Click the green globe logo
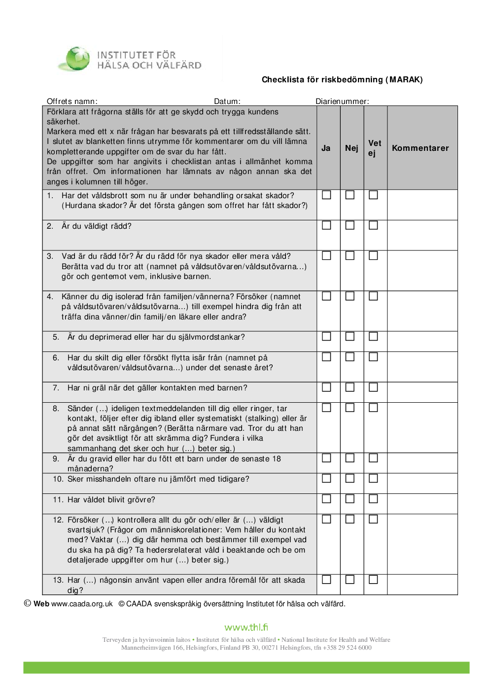coord(77,58)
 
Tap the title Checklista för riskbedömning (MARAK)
coord(342,80)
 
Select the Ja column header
coord(326,148)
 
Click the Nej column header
coord(352,148)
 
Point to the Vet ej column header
coord(375,148)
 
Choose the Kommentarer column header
coord(420,148)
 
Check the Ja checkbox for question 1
coord(326,195)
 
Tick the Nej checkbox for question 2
coord(350,225)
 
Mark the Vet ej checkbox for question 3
coord(374,256)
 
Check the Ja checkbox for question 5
coord(326,336)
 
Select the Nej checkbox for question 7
coord(350,387)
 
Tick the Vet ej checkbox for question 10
coord(374,478)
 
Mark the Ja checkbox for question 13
coord(326,580)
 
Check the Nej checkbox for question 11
coord(350,499)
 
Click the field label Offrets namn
coord(72,102)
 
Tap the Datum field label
coord(227,102)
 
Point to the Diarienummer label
coord(342,102)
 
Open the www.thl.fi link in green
coord(246,627)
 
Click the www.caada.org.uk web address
coord(82,604)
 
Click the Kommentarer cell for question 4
coord(423,311)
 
